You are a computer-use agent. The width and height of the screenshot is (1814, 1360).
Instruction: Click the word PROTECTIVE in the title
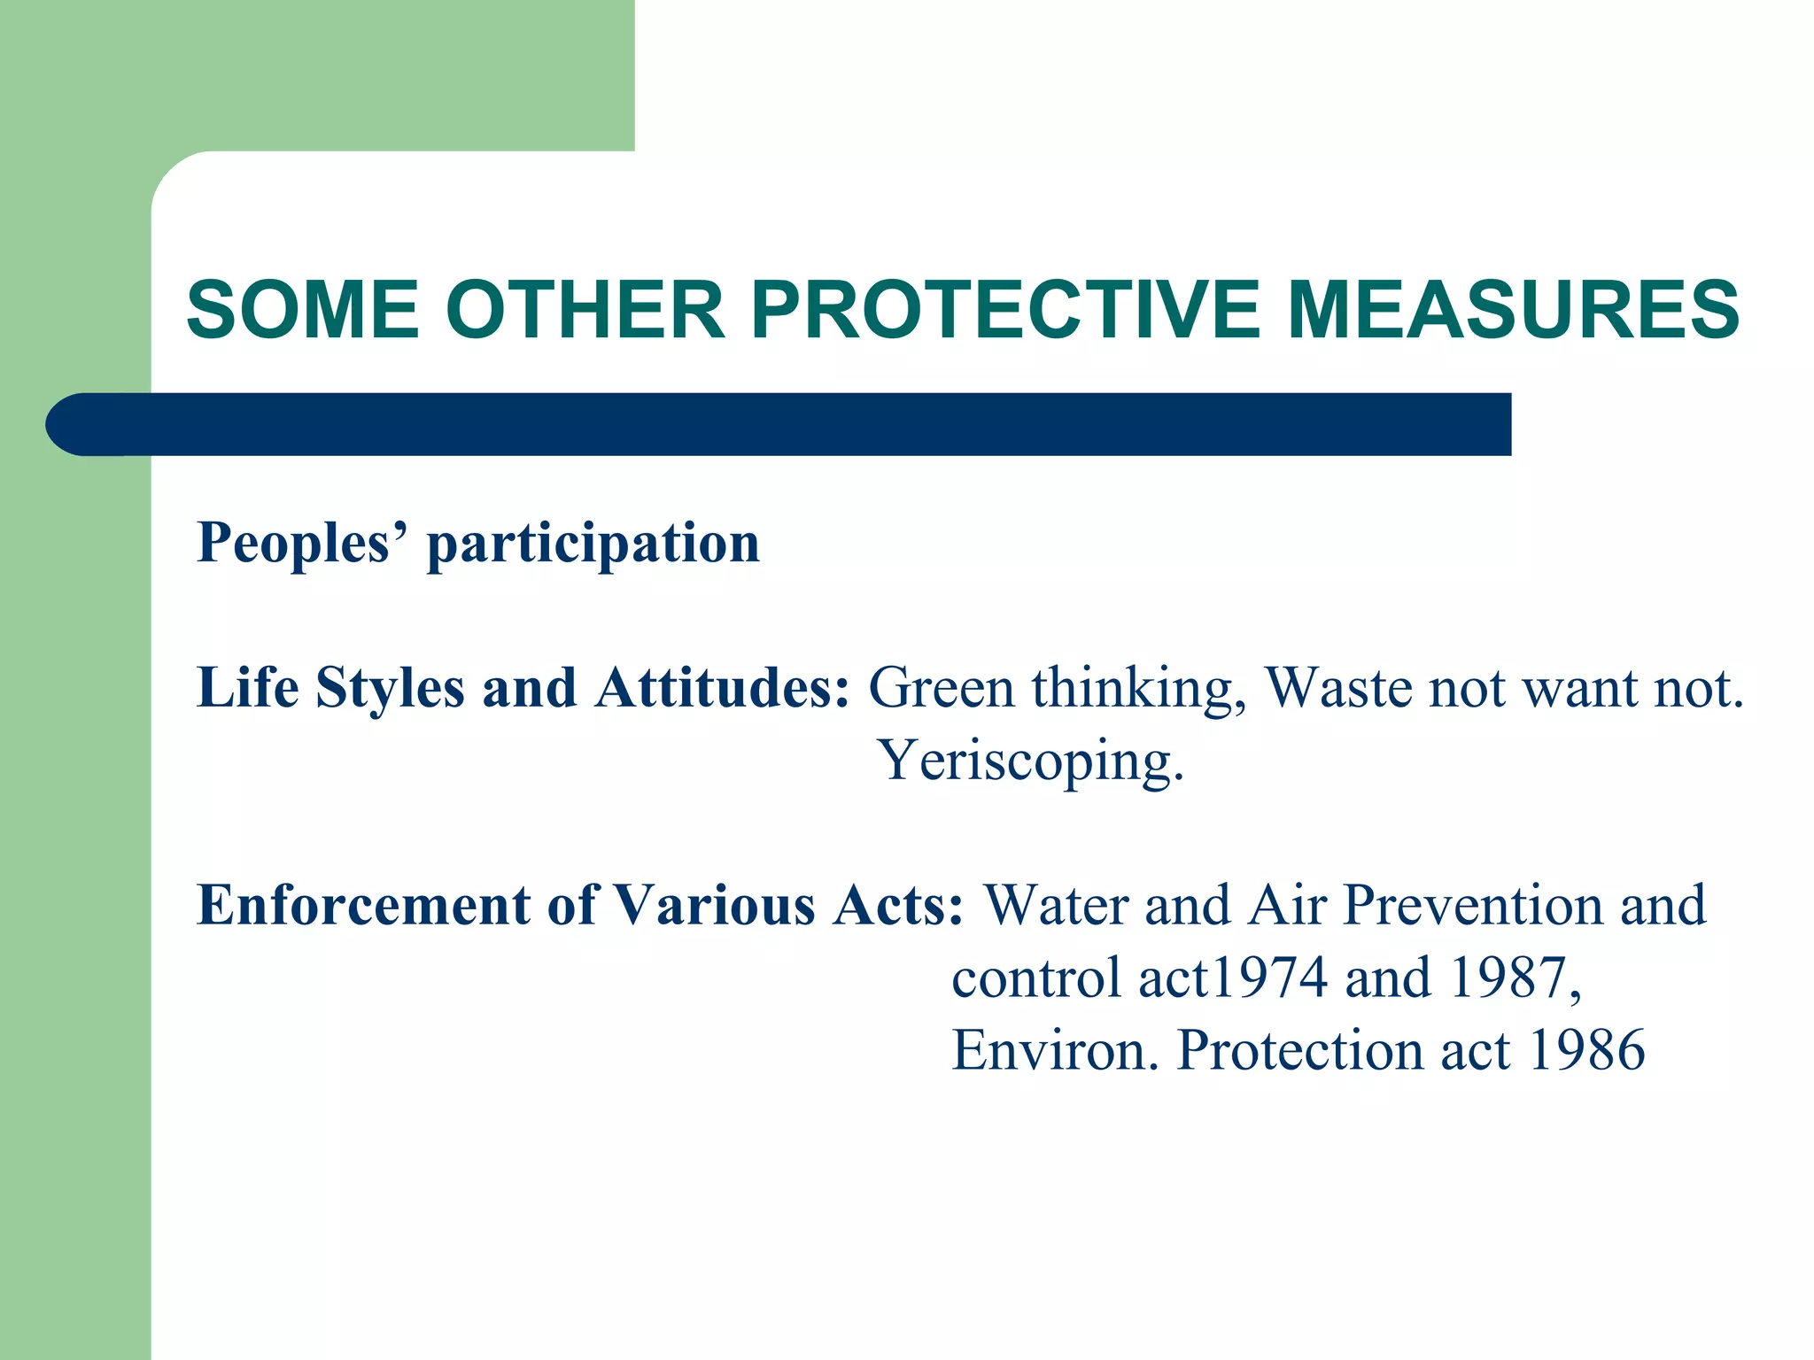point(1004,310)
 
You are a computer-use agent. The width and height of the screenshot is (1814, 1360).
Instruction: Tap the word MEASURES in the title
point(1513,310)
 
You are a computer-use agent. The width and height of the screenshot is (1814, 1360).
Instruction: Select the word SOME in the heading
point(303,310)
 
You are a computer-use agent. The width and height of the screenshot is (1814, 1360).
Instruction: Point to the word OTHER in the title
point(585,310)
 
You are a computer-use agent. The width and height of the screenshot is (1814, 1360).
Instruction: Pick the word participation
point(593,544)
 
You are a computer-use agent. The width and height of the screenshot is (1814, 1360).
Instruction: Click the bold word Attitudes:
point(722,688)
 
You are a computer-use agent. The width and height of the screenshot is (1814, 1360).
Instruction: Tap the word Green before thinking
point(941,688)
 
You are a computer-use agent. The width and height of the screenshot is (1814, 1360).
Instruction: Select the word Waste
point(1338,688)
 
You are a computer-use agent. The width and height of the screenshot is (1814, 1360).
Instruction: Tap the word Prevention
point(1471,906)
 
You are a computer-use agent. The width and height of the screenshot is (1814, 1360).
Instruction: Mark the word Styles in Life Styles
point(390,689)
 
